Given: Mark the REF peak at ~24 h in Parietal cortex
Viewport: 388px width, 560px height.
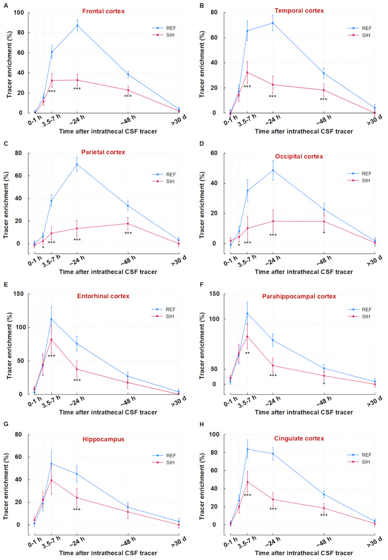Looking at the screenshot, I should tap(77, 164).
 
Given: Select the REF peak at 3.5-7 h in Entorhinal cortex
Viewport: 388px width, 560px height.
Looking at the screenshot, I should tap(51, 319).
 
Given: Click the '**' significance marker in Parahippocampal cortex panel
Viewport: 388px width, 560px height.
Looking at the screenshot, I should tap(248, 354).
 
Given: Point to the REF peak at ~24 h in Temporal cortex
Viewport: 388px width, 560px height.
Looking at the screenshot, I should tap(273, 22).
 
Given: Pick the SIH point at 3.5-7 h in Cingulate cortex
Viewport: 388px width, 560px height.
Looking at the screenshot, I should tap(247, 481).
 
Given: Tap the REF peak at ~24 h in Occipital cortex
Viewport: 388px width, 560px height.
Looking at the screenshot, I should tap(273, 170).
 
